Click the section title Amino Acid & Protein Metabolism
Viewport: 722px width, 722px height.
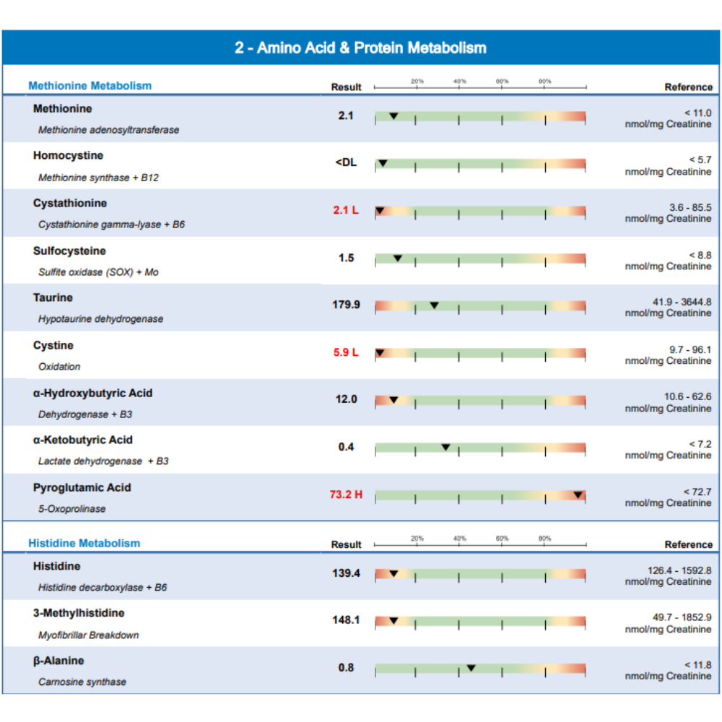[x=371, y=48]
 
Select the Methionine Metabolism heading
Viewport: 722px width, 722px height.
[x=90, y=86]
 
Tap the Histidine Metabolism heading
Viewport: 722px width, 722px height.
[x=84, y=544]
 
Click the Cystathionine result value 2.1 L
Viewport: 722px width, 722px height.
[x=346, y=210]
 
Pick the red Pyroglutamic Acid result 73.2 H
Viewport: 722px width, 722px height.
[x=346, y=495]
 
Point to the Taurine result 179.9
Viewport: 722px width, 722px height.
[x=346, y=305]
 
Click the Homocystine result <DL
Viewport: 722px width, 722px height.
[x=346, y=162]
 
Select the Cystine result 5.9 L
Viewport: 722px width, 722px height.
[x=346, y=353]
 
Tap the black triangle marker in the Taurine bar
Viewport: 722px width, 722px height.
[x=434, y=305]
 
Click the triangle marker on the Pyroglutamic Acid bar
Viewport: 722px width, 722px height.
[x=578, y=495]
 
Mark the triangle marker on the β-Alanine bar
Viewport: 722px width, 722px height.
[x=471, y=668]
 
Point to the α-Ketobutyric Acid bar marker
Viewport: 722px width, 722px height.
[x=445, y=447]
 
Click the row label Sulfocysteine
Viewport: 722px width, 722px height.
[x=69, y=251]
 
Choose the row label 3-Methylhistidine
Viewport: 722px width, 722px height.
[x=79, y=613]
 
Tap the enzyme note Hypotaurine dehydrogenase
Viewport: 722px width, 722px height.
[x=101, y=319]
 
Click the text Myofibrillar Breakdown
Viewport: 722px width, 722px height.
[x=88, y=635]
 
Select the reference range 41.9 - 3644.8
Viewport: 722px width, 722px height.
[x=682, y=302]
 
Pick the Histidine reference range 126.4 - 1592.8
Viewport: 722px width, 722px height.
[x=679, y=570]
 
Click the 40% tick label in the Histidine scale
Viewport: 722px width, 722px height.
[x=459, y=539]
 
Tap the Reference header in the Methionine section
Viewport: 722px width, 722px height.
[x=688, y=87]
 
